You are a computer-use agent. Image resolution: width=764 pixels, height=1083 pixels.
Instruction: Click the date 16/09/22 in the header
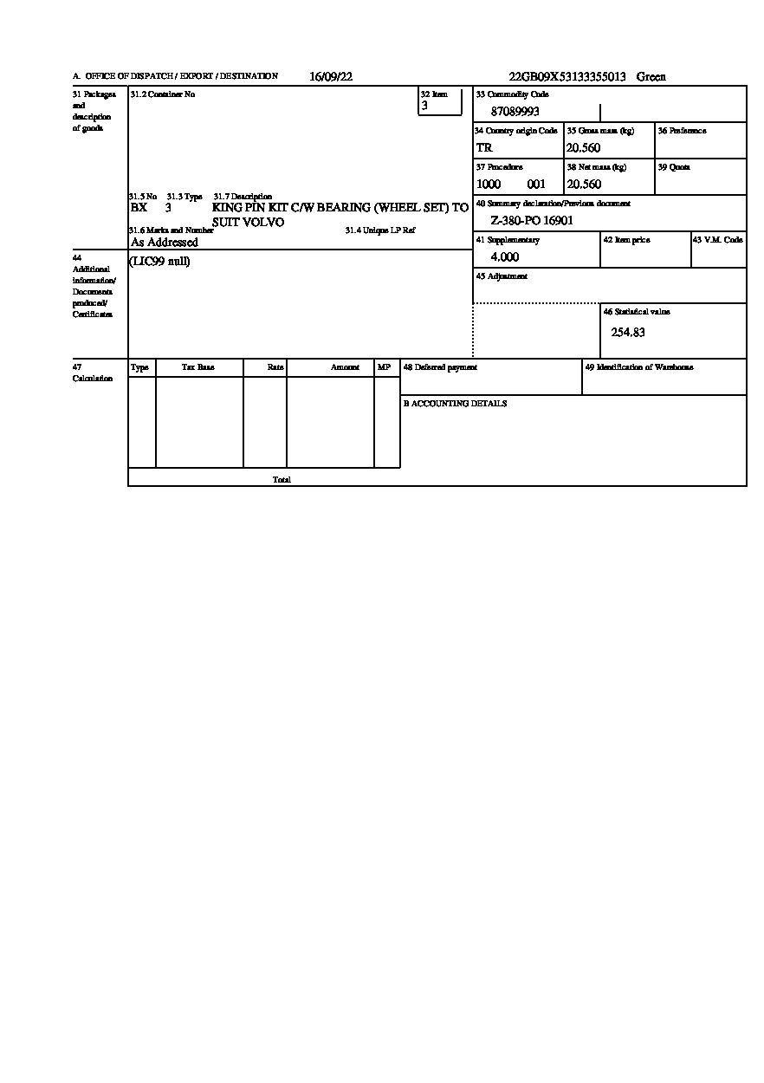point(331,76)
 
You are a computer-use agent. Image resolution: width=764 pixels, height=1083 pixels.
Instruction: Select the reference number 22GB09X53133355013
point(567,76)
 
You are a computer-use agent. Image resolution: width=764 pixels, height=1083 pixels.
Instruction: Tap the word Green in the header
point(651,76)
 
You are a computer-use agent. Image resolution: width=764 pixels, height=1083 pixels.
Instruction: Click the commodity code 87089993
point(515,112)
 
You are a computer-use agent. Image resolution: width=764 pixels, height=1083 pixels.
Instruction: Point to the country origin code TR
point(484,148)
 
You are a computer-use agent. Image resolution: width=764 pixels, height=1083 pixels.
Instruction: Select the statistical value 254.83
point(628,332)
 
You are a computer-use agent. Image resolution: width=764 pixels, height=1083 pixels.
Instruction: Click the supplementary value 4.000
point(505,257)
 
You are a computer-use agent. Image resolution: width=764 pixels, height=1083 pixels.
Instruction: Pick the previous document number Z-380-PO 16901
point(532,221)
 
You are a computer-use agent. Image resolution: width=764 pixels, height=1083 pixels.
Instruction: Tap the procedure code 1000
point(489,185)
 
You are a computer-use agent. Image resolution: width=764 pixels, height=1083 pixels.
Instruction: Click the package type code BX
point(139,208)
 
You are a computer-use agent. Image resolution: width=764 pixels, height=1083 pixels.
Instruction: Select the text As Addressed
point(165,243)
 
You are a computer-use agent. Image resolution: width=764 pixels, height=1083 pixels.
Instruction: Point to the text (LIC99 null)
point(159,262)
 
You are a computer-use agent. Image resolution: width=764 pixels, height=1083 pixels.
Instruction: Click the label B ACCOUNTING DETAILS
point(455,404)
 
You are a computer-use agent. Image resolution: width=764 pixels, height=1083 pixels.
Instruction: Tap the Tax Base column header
point(197,367)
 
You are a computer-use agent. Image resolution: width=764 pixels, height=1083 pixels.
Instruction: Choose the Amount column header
point(345,367)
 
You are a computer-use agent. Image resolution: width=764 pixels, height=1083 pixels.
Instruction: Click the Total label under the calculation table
point(282,479)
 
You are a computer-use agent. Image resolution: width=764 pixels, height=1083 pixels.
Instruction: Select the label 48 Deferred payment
point(440,367)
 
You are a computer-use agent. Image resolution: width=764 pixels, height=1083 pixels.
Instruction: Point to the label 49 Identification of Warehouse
point(639,367)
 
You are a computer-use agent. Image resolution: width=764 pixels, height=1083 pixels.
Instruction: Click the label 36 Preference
point(682,131)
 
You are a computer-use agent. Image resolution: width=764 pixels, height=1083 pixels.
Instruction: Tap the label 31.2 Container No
point(163,94)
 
